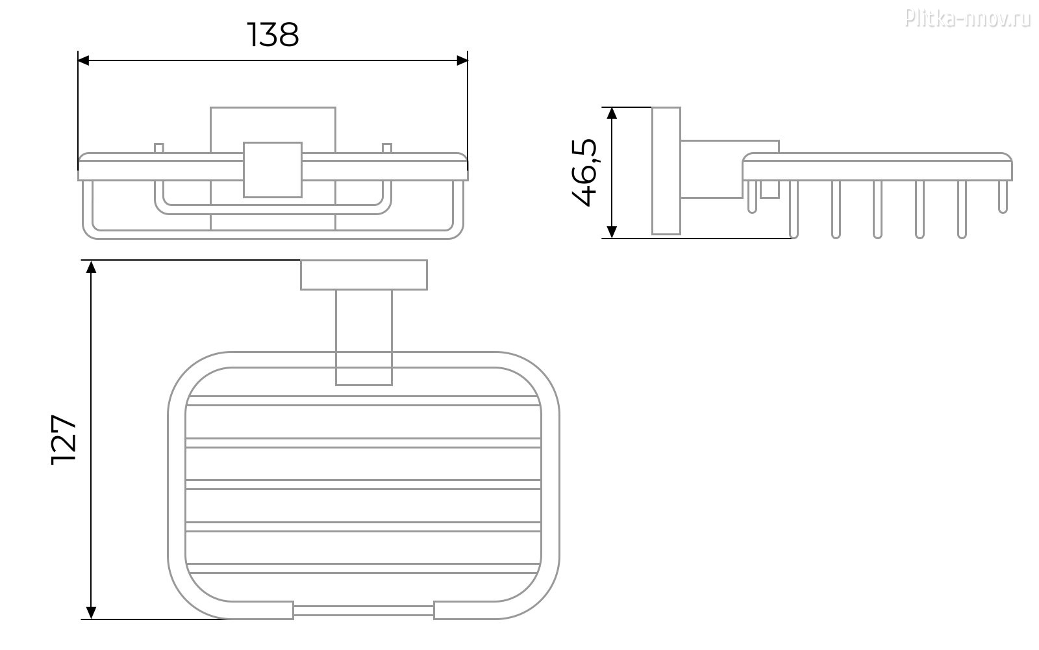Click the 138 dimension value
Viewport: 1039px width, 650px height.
click(273, 35)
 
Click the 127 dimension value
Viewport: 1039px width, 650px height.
click(64, 439)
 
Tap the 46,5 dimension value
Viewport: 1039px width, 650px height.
click(584, 172)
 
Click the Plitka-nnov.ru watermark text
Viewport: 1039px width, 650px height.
click(968, 19)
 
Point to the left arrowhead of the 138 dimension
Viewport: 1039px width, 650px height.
click(84, 60)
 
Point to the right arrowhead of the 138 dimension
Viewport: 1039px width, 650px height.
click(462, 60)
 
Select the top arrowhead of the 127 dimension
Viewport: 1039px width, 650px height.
click(92, 267)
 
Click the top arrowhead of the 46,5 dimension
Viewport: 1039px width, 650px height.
click(612, 114)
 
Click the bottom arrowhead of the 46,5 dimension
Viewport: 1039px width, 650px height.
click(612, 231)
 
